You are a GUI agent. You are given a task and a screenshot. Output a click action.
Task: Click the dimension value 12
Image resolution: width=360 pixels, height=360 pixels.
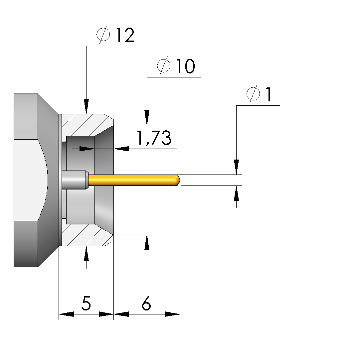(x=125, y=36)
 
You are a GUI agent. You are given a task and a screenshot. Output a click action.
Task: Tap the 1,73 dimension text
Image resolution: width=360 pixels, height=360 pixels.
(x=154, y=138)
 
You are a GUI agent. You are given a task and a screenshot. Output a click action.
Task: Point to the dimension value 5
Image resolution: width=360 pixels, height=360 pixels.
(x=86, y=303)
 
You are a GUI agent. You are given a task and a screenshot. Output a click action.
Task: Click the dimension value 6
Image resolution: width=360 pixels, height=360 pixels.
(x=146, y=303)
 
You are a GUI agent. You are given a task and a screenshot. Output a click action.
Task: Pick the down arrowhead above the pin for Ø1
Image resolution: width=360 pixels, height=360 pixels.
(x=236, y=167)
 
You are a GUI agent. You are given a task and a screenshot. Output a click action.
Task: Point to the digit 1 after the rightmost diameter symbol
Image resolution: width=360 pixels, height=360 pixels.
(x=268, y=95)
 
